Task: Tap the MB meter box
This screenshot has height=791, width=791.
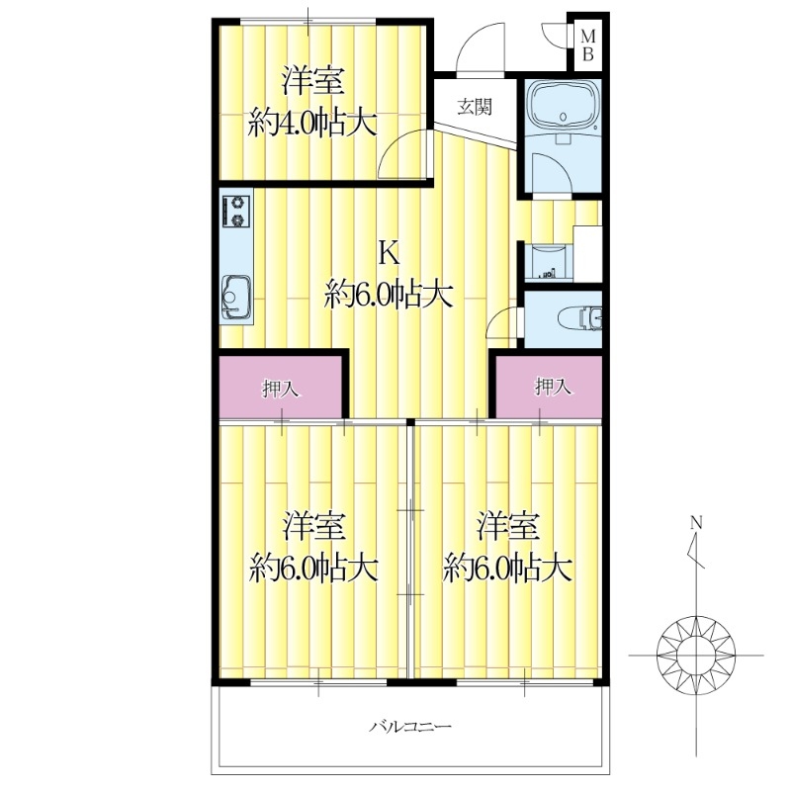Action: (587, 45)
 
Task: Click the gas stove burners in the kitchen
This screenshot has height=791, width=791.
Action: (238, 211)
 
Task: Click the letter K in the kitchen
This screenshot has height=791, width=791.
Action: (389, 253)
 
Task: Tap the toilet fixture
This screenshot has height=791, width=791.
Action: (579, 316)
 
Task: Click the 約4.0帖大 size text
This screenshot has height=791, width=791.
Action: (311, 123)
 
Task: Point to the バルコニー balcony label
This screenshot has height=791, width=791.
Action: (410, 728)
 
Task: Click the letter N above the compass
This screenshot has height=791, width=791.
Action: (696, 522)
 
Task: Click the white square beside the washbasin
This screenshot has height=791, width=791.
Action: (587, 254)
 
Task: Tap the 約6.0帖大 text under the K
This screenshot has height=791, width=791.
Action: (389, 294)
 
